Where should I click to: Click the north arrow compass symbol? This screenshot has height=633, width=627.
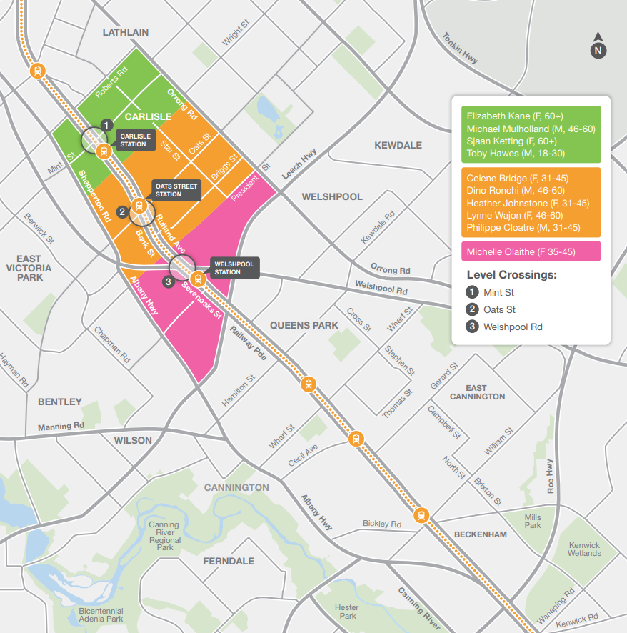(x=598, y=47)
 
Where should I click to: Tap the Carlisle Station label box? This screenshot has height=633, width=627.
(x=134, y=140)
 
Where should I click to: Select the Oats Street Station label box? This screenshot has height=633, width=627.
(x=176, y=190)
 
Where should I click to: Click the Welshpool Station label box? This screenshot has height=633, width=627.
(x=232, y=268)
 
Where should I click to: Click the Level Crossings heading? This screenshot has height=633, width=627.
(x=511, y=275)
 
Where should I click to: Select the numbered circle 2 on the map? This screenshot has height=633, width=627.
(x=122, y=211)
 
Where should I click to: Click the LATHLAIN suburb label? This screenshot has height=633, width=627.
(x=126, y=32)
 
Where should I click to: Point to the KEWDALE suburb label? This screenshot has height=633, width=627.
(x=398, y=145)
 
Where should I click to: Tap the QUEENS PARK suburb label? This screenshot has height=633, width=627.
(x=304, y=325)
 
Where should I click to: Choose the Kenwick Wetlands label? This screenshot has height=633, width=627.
(x=584, y=549)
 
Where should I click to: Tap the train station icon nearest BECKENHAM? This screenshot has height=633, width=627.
(x=422, y=515)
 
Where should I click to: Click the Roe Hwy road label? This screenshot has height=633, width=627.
(x=550, y=476)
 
